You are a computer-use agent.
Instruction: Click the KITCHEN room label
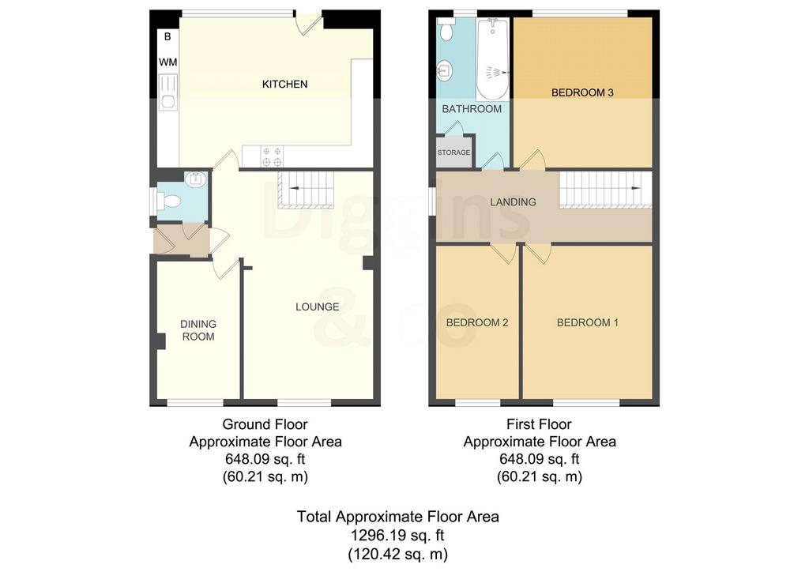pyautogui.click(x=284, y=84)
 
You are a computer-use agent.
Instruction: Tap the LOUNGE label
pyautogui.click(x=318, y=307)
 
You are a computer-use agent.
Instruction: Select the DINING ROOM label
pyautogui.click(x=198, y=330)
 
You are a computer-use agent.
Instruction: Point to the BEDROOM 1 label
pyautogui.click(x=587, y=323)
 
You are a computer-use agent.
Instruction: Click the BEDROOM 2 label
pyautogui.click(x=477, y=323)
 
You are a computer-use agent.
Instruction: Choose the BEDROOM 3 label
pyautogui.click(x=582, y=93)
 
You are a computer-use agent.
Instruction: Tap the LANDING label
pyautogui.click(x=513, y=202)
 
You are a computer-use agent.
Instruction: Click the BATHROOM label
pyautogui.click(x=472, y=109)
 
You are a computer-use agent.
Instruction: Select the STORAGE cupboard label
pyautogui.click(x=454, y=152)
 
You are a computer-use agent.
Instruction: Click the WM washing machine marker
pyautogui.click(x=168, y=62)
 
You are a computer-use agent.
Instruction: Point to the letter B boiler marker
pyautogui.click(x=167, y=37)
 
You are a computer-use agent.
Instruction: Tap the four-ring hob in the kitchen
pyautogui.click(x=272, y=156)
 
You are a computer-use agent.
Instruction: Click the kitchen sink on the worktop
pyautogui.click(x=168, y=92)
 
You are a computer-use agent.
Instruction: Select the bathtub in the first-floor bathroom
pyautogui.click(x=493, y=58)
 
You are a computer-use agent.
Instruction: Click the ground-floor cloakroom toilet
pyautogui.click(x=168, y=200)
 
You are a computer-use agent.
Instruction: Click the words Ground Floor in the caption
pyautogui.click(x=265, y=424)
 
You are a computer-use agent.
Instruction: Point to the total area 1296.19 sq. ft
pyautogui.click(x=398, y=536)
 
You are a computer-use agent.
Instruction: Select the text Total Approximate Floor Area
pyautogui.click(x=398, y=517)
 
